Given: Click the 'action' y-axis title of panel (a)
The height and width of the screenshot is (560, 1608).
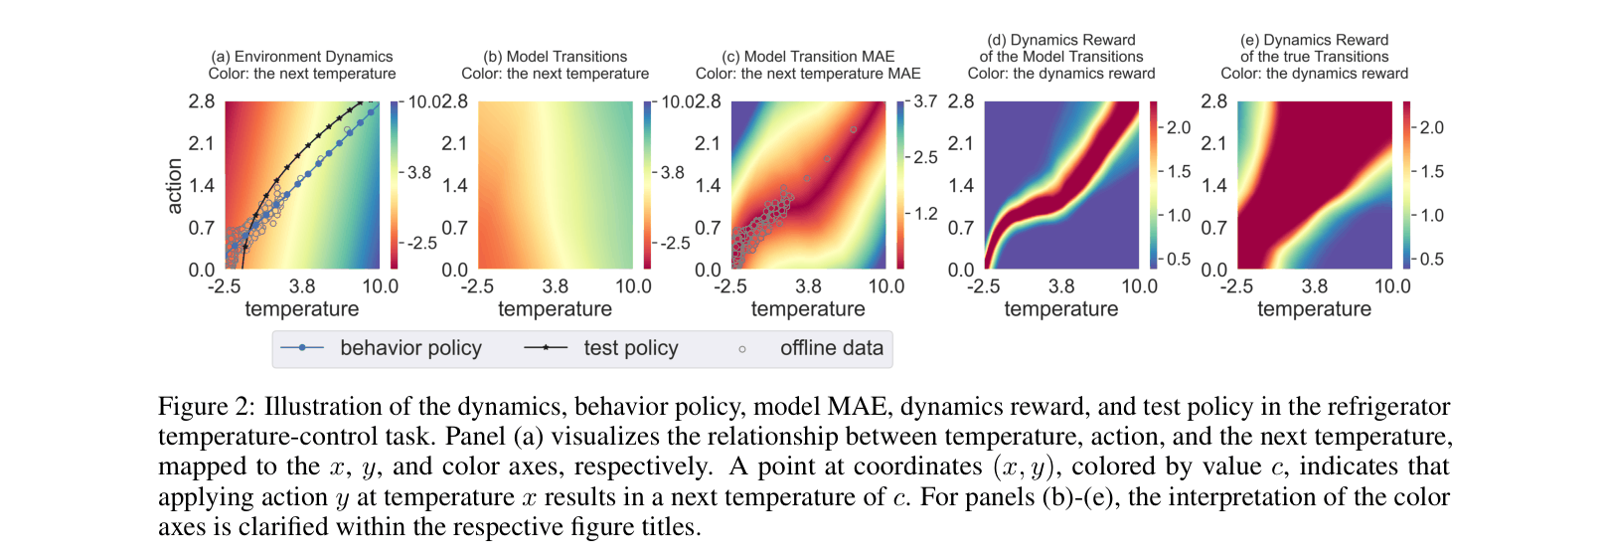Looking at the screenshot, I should pyautogui.click(x=175, y=186).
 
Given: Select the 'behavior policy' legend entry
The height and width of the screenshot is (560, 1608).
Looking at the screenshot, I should pyautogui.click(x=409, y=348).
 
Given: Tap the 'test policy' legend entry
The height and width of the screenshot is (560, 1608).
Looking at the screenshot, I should pyautogui.click(x=630, y=348).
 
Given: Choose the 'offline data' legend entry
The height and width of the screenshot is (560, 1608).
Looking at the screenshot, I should pyautogui.click(x=831, y=348).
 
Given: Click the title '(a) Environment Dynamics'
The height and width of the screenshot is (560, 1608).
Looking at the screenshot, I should pyautogui.click(x=302, y=57).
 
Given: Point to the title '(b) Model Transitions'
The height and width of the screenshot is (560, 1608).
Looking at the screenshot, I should pyautogui.click(x=555, y=57).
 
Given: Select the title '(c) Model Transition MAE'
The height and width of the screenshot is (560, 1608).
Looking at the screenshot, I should pyautogui.click(x=808, y=57).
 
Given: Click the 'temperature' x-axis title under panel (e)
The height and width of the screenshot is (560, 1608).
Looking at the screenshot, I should pyautogui.click(x=1314, y=309).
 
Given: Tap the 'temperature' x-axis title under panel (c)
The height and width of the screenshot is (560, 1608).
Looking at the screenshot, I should pyautogui.click(x=808, y=309).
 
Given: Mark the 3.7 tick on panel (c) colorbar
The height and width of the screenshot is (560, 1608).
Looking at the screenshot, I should pyautogui.click(x=925, y=101).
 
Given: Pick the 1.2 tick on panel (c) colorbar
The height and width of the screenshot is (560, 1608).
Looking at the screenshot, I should pyautogui.click(x=925, y=214).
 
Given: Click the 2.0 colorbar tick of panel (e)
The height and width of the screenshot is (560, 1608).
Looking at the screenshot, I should pyautogui.click(x=1431, y=127).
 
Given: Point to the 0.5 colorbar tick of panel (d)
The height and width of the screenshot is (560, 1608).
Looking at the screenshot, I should pyautogui.click(x=1178, y=259).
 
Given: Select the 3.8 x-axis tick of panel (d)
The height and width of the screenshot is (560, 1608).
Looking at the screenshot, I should pyautogui.click(x=1061, y=286).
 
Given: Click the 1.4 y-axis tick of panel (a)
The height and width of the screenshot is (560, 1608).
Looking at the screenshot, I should pyautogui.click(x=202, y=185).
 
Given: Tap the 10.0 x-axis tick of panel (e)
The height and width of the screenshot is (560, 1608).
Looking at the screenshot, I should pyautogui.click(x=1392, y=286).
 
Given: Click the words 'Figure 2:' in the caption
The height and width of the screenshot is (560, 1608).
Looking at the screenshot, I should pyautogui.click(x=207, y=407).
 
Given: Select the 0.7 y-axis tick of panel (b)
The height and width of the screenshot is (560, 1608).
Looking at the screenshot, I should pyautogui.click(x=454, y=228).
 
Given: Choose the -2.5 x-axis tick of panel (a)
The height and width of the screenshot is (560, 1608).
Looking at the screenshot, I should pyautogui.click(x=224, y=286).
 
